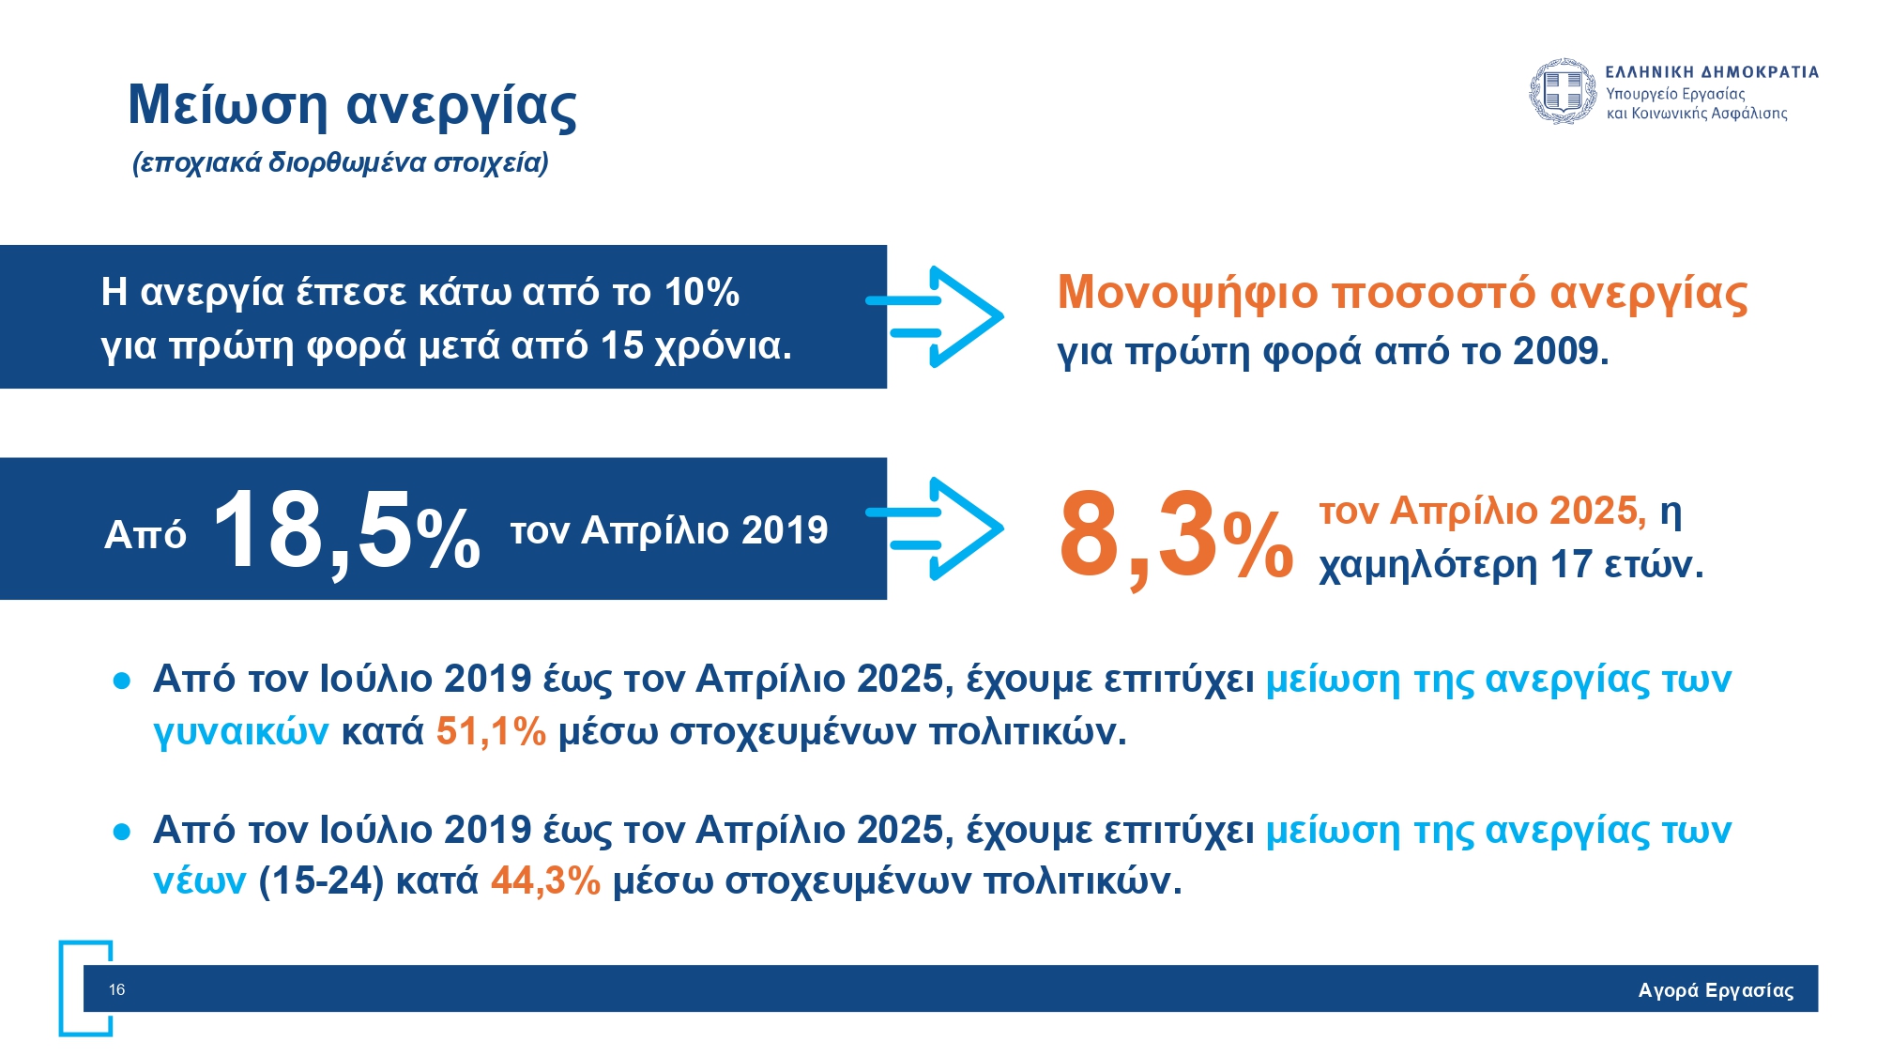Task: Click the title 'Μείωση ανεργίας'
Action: tap(352, 105)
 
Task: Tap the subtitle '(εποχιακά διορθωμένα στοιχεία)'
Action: tap(340, 163)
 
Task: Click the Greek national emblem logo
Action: tap(1562, 92)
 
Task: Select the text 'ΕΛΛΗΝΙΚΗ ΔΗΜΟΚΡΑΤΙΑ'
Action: tap(1711, 72)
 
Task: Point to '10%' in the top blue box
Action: tap(701, 293)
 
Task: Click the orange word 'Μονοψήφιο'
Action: tap(1187, 292)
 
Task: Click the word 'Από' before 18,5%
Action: tap(145, 535)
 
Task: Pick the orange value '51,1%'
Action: tap(491, 731)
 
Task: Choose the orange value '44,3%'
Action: tap(545, 881)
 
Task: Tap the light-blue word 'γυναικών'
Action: tap(240, 732)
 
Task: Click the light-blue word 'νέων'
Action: tap(199, 881)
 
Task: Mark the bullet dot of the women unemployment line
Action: tap(121, 681)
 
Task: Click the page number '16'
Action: tap(116, 989)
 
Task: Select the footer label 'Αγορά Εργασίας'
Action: tap(1716, 990)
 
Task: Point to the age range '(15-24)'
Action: tap(321, 881)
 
